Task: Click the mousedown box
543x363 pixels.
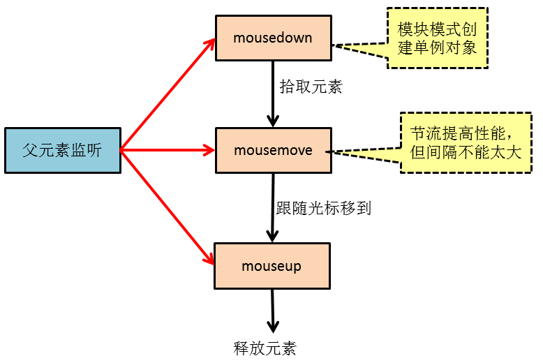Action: coord(273,36)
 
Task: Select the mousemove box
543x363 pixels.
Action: coord(273,150)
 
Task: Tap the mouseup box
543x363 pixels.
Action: coord(271,266)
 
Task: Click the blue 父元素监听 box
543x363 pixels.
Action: coord(62,150)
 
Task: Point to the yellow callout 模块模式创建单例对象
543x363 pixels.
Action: coord(438,38)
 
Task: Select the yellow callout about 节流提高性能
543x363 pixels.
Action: coord(466,142)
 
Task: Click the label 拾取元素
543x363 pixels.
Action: coord(311,87)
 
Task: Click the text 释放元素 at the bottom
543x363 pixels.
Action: coord(265,348)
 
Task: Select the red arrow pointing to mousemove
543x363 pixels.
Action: coord(168,149)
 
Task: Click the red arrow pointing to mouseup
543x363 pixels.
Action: coord(168,207)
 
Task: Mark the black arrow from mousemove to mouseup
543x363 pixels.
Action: coord(272,207)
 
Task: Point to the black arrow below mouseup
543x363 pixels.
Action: coord(272,311)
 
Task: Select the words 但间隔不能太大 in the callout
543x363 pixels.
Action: coord(466,153)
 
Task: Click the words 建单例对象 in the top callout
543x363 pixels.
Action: coord(438,48)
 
